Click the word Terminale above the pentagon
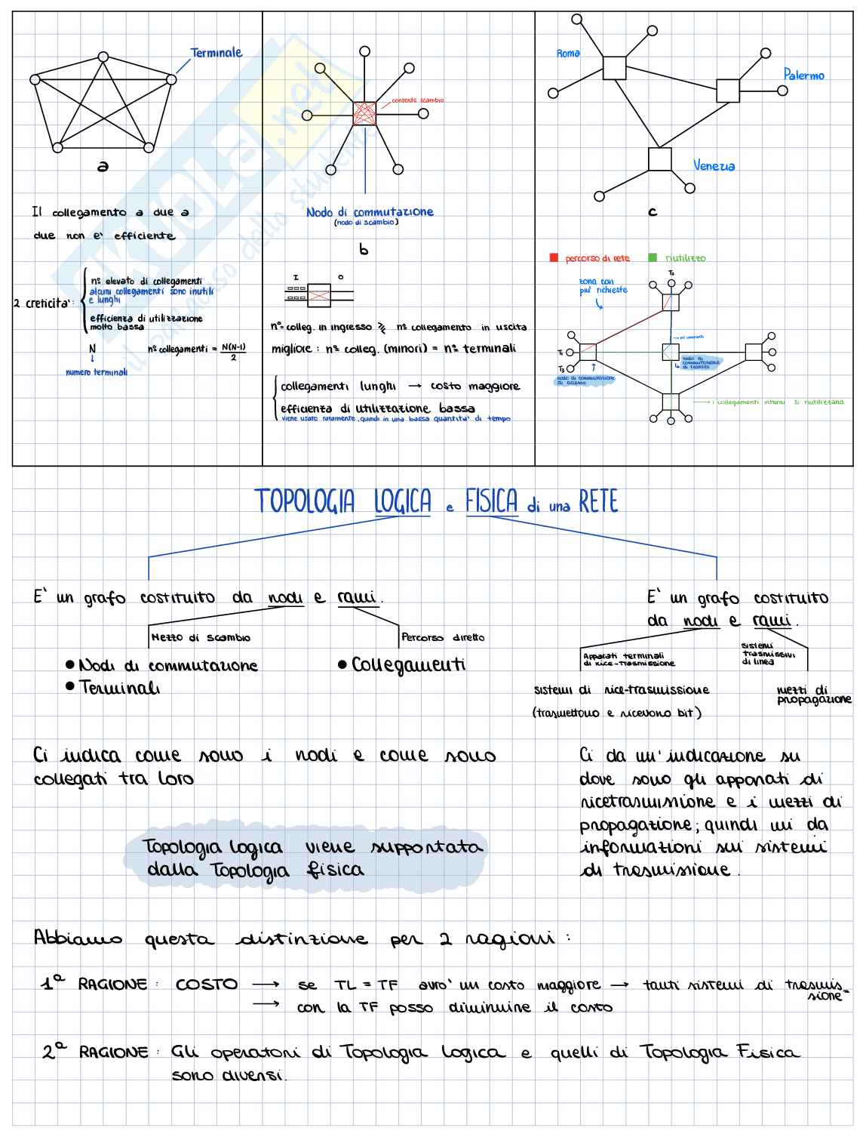click(x=216, y=53)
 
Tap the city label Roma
click(x=568, y=54)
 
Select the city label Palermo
click(x=803, y=75)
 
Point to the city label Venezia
click(x=714, y=166)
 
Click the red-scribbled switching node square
click(x=364, y=113)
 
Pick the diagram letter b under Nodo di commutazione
click(x=364, y=249)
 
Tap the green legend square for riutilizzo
click(x=653, y=258)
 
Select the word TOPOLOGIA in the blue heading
click(x=304, y=502)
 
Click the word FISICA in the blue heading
click(x=491, y=502)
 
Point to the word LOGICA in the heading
click(x=403, y=502)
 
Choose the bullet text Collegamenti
click(x=408, y=665)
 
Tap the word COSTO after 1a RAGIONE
click(x=206, y=984)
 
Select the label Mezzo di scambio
click(x=201, y=638)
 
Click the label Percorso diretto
click(x=443, y=638)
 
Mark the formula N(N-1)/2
click(x=233, y=352)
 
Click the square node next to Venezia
click(x=659, y=160)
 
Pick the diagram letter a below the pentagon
click(x=103, y=166)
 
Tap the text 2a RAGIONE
click(x=95, y=1052)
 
